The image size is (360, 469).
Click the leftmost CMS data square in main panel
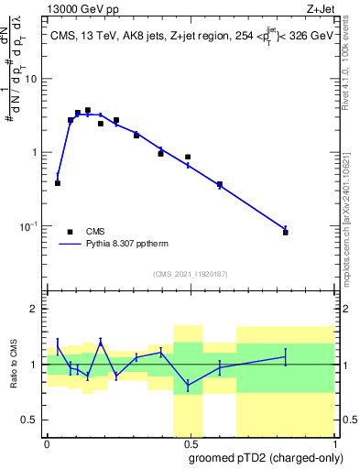pos(58,183)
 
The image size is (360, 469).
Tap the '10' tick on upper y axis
pos(34,79)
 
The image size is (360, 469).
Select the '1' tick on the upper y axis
pos(37,152)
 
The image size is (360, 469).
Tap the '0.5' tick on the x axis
pos(188,445)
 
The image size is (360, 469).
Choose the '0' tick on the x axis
pos(47,445)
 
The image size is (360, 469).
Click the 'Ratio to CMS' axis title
pos(16,365)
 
